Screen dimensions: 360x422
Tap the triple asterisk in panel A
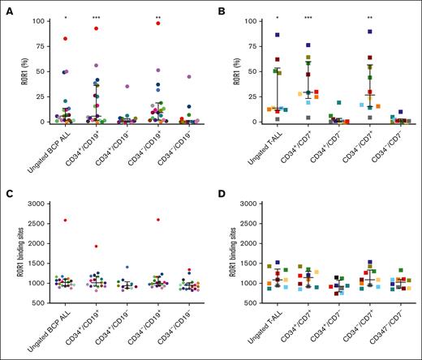point(96,17)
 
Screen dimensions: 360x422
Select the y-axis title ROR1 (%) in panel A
point(11,71)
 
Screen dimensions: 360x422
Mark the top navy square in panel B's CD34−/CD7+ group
point(347,31)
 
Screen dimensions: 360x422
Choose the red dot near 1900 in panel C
point(96,246)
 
